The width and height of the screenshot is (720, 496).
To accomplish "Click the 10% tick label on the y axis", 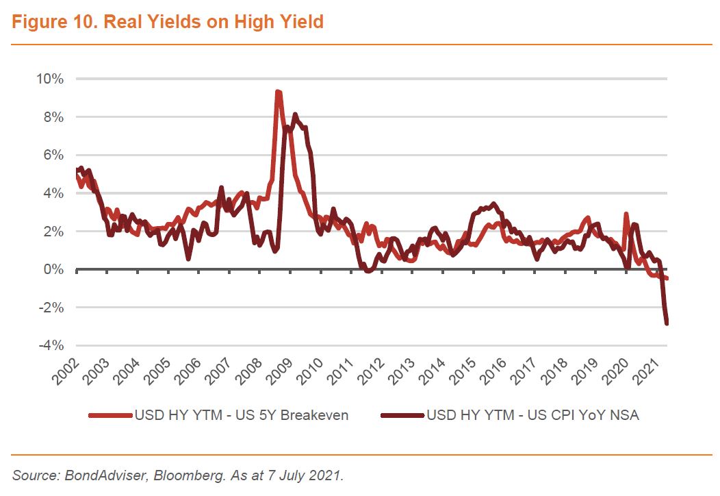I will (49, 79).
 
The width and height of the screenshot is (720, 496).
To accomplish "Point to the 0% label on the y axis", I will (53, 270).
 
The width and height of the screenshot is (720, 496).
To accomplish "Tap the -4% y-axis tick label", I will (51, 346).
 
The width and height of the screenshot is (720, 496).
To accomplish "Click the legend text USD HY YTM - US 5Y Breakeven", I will (241, 415).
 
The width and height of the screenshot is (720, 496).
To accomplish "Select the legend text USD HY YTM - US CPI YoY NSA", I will (532, 415).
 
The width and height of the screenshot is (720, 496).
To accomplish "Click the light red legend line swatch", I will (110, 415).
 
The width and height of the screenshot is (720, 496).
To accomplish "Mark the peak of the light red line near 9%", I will (278, 92).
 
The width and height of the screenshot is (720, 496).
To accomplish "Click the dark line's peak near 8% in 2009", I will (295, 114).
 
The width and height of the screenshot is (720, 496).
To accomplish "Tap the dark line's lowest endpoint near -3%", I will (666, 323).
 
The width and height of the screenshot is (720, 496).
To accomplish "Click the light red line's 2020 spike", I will (626, 214).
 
